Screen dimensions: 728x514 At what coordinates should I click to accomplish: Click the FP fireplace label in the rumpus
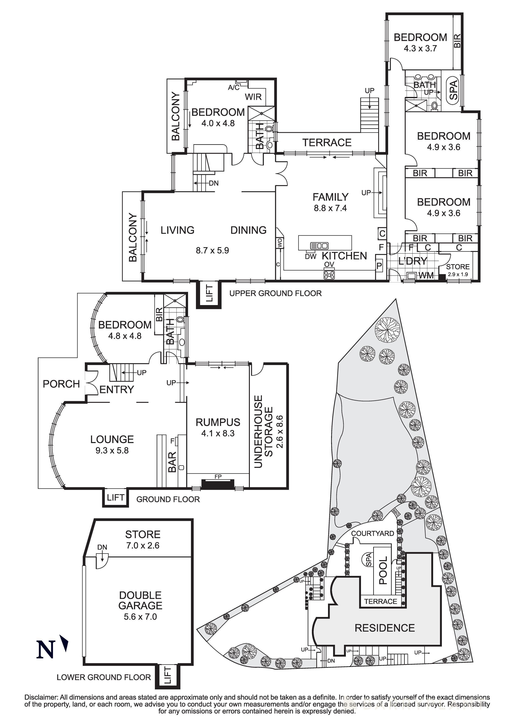(x=218, y=476)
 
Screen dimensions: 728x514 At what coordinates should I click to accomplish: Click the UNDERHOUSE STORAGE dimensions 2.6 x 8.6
(x=280, y=432)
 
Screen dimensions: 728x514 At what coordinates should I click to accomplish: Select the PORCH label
(x=61, y=384)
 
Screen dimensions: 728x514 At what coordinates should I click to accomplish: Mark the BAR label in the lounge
(x=172, y=462)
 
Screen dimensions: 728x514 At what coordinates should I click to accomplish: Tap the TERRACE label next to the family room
(x=327, y=143)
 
